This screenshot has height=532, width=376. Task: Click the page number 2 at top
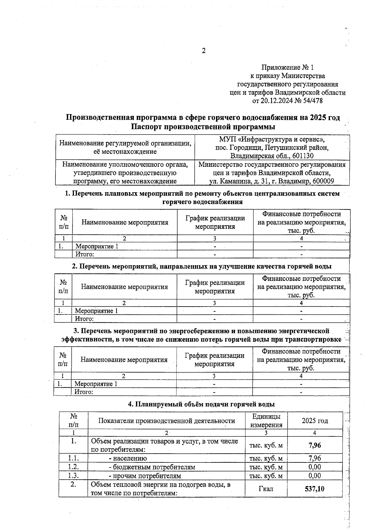[204, 51]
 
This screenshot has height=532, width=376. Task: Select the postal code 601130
[303, 156]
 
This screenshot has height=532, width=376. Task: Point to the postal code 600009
[323, 181]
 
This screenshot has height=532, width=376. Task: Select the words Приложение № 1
[287, 67]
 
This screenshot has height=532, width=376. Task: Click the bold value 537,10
[315, 489]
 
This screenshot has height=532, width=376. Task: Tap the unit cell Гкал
[266, 489]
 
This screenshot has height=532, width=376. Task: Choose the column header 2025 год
[315, 421]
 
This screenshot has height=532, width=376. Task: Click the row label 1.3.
[73, 476]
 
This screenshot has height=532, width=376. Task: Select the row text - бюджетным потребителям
[152, 467]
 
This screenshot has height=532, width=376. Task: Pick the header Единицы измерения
[266, 421]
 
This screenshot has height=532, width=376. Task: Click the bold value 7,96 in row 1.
[315, 445]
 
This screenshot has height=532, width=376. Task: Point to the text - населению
[128, 458]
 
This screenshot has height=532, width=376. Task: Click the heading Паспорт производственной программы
[203, 127]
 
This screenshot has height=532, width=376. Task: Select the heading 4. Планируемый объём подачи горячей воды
[201, 404]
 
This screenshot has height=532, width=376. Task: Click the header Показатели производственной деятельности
[166, 421]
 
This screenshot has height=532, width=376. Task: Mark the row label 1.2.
[73, 467]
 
